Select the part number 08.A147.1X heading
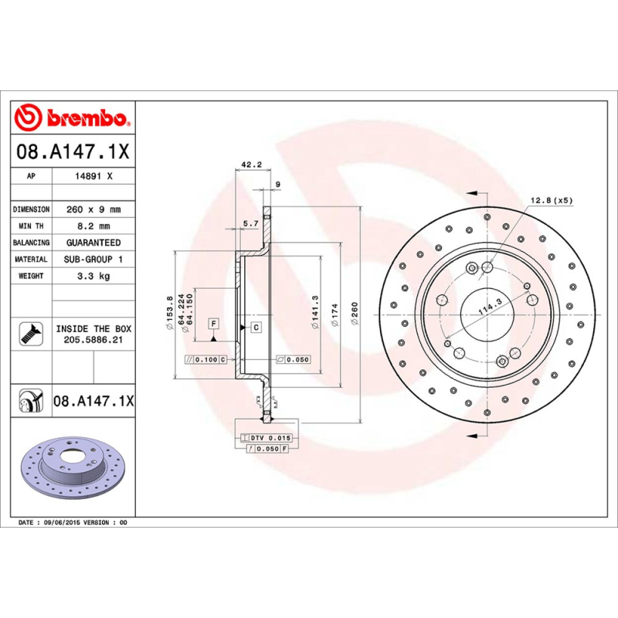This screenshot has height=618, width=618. point(73,150)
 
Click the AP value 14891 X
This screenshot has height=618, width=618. point(93,176)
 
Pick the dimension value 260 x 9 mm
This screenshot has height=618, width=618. point(93,209)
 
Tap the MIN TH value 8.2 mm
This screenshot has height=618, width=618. point(93,226)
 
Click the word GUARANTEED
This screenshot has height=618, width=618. point(93,243)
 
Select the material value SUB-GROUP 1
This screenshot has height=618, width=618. point(93,260)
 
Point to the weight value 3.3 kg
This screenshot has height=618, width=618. point(93,276)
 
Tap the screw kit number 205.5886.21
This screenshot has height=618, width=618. point(93,340)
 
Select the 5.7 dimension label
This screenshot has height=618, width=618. point(250,223)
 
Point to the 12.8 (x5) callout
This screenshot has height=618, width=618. point(551,201)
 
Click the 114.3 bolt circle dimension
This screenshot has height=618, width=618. point(489,306)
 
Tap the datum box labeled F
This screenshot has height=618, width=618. point(212,322)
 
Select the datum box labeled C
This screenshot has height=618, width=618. point(255,328)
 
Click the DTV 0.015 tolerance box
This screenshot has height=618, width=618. point(265,438)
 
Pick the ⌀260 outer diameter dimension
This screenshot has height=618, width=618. point(355,315)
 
